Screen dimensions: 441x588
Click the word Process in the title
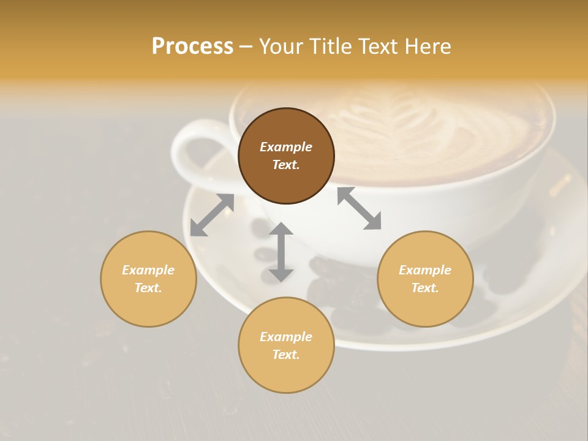pyautogui.click(x=192, y=47)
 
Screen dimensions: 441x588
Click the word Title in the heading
pyautogui.click(x=329, y=47)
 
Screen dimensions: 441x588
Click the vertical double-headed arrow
pyautogui.click(x=281, y=252)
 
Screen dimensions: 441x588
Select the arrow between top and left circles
pyautogui.click(x=212, y=215)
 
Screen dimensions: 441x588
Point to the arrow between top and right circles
pyautogui.click(x=360, y=208)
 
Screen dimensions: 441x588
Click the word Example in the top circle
pyautogui.click(x=286, y=147)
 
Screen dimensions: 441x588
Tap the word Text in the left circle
pyautogui.click(x=148, y=288)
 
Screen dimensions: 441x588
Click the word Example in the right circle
pyautogui.click(x=425, y=270)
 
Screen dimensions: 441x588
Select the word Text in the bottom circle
pyautogui.click(x=286, y=355)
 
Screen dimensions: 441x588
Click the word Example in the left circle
pyautogui.click(x=148, y=270)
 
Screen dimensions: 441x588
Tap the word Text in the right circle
pyautogui.click(x=425, y=288)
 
